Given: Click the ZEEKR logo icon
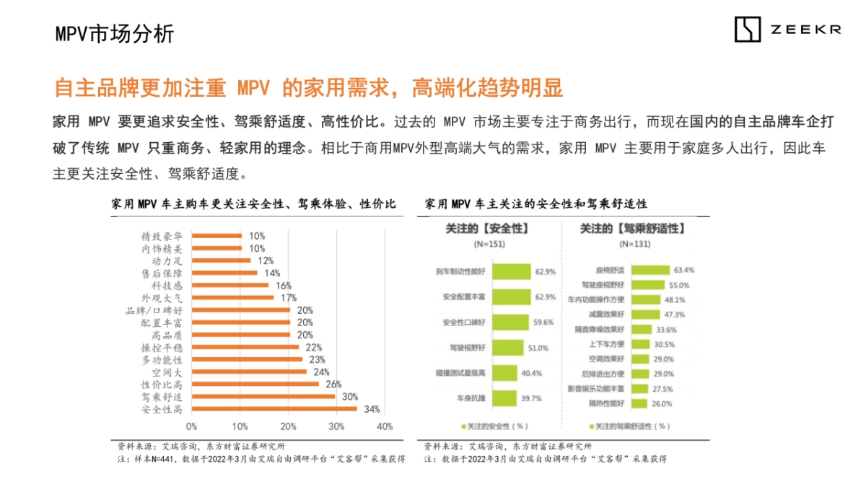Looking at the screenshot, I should (748, 30).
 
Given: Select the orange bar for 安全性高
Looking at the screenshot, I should (274, 409).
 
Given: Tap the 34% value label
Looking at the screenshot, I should (372, 409).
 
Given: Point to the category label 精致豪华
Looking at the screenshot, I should (162, 236).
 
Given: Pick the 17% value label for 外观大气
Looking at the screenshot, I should (289, 297).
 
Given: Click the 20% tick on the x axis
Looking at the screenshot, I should (288, 426).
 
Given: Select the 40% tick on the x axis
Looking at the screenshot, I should (385, 426).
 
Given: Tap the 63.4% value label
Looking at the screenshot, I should (683, 270).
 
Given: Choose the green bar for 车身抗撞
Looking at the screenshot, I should (497, 398).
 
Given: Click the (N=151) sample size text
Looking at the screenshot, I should (489, 245).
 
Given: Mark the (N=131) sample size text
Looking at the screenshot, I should (633, 245).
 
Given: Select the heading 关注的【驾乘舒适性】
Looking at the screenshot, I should (632, 229).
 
